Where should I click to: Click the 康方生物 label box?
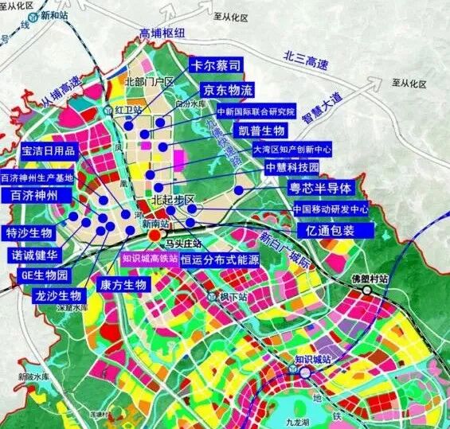coord(122,284)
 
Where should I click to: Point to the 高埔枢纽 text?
coord(161,33)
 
